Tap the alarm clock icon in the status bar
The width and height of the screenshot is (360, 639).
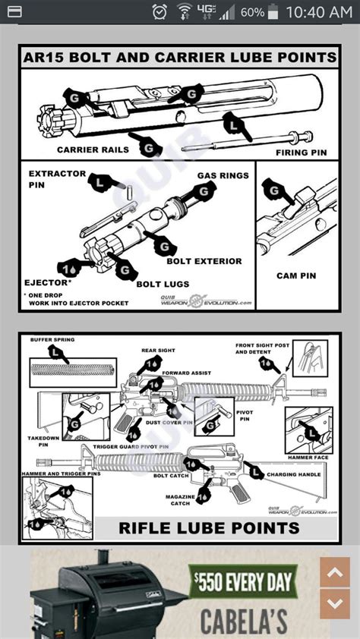point(159,12)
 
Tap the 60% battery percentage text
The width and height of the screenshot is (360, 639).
point(253,13)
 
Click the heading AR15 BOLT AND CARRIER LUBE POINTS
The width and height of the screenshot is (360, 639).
point(180,57)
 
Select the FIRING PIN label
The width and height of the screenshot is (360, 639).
point(301,153)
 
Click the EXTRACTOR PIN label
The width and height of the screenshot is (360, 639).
point(57,179)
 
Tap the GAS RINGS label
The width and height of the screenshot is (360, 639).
point(223,175)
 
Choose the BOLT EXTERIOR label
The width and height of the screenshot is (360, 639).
point(204,261)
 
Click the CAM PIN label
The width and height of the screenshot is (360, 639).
point(296,275)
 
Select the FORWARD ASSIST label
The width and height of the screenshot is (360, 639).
point(187,372)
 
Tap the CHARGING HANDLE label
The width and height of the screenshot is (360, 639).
point(293,475)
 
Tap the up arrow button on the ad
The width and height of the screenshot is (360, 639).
point(335,572)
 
